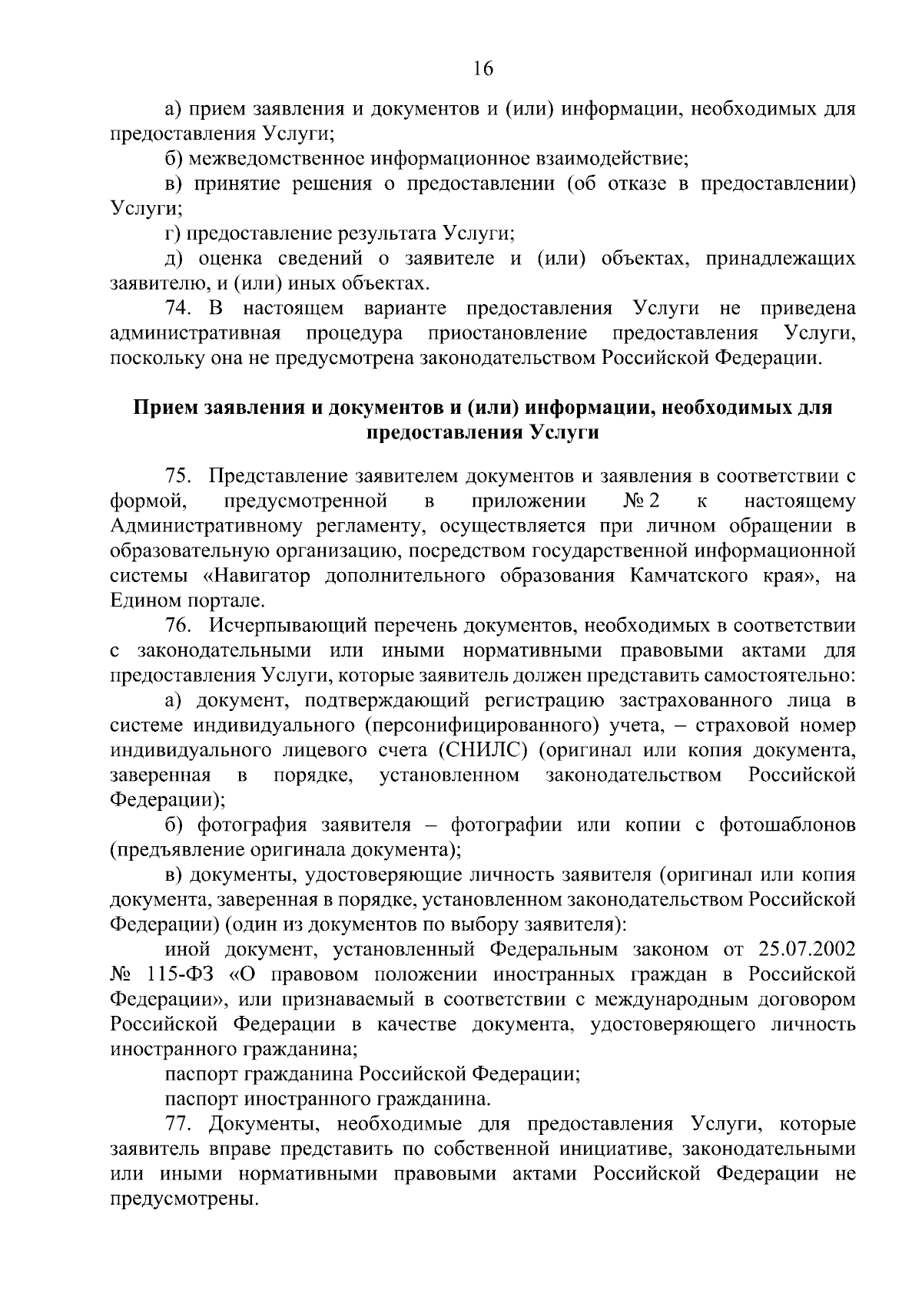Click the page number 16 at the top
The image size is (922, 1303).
pyautogui.click(x=483, y=69)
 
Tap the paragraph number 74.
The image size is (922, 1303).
pyautogui.click(x=178, y=309)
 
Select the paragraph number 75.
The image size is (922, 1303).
pyautogui.click(x=178, y=477)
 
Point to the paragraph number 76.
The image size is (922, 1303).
pyautogui.click(x=178, y=626)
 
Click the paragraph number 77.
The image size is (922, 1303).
pyautogui.click(x=178, y=1124)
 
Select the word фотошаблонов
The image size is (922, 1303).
pyautogui.click(x=787, y=825)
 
